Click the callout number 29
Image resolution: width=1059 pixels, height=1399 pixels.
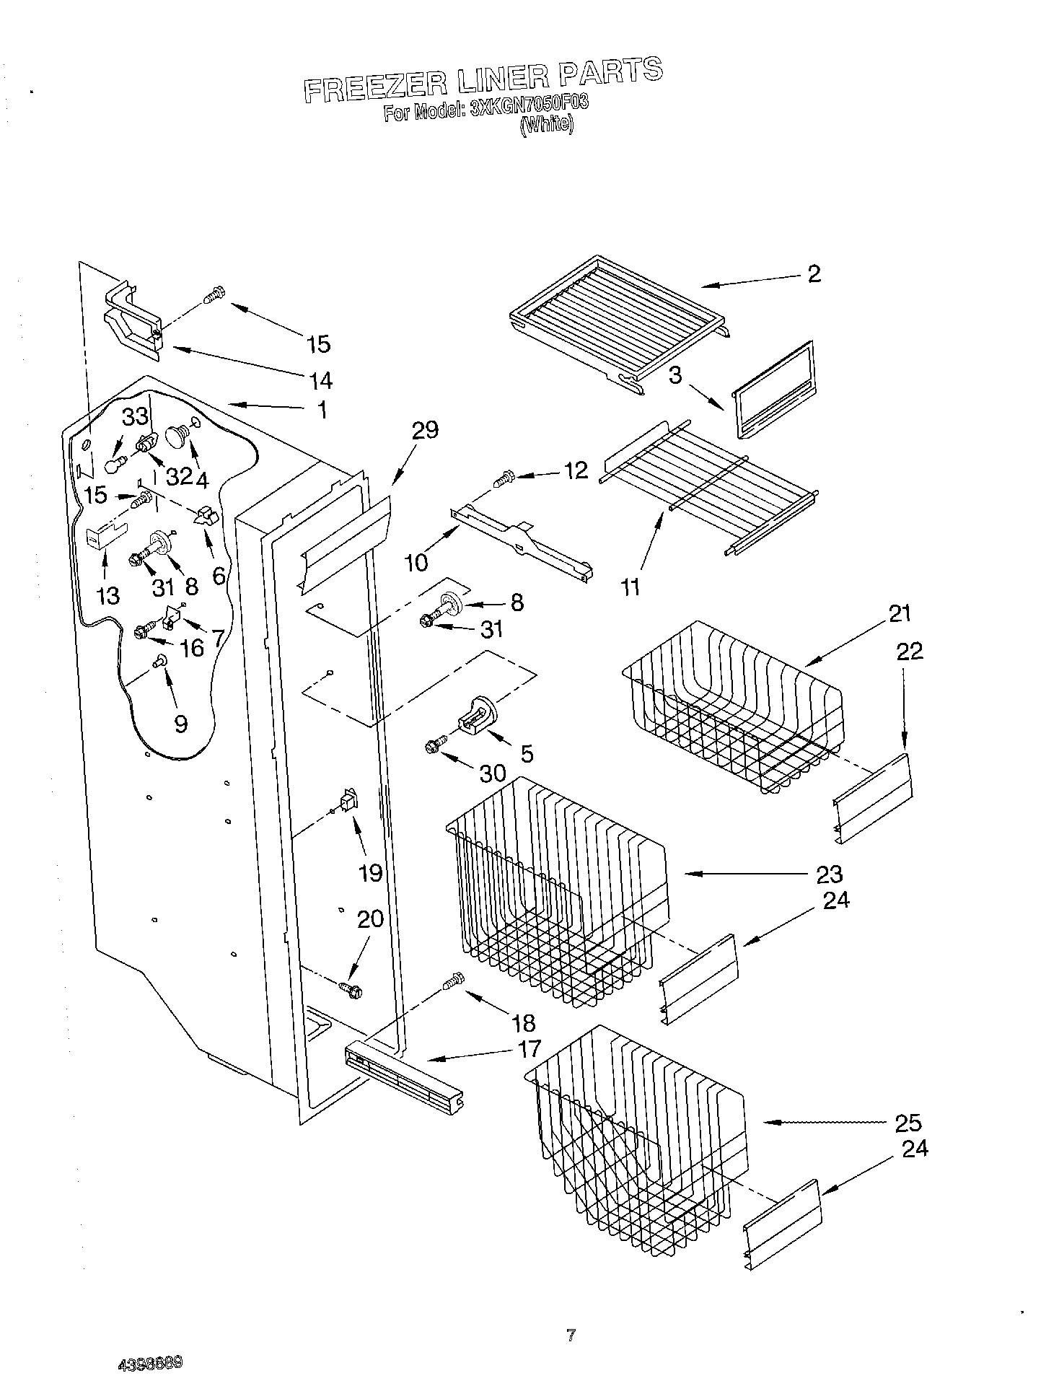[425, 431]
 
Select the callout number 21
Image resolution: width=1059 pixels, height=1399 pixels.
[900, 614]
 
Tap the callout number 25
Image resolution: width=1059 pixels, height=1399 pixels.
[908, 1123]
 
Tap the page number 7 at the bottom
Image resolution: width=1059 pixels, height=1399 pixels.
[571, 1335]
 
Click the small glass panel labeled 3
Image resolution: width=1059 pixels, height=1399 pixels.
[773, 390]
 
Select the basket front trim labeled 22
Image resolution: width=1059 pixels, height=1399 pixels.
[873, 799]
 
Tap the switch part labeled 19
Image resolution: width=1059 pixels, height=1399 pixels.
[348, 799]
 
